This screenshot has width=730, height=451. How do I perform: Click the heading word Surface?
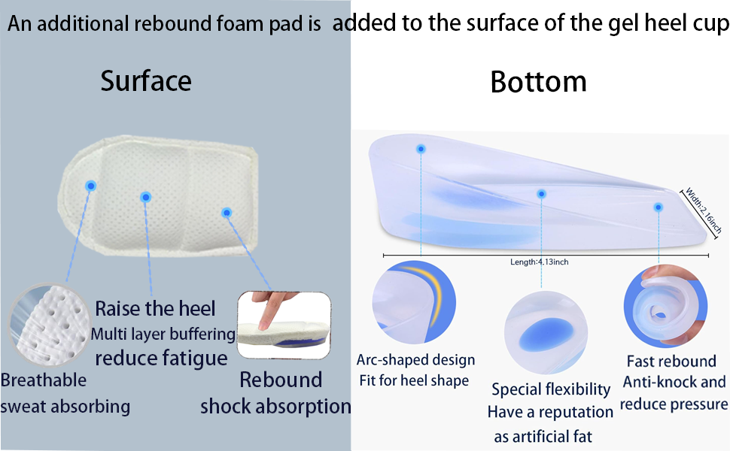pyautogui.click(x=146, y=81)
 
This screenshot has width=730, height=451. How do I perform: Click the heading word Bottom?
pyautogui.click(x=538, y=82)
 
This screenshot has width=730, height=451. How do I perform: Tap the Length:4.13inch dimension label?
pyautogui.click(x=539, y=262)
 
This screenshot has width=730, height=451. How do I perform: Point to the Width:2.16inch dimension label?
pyautogui.click(x=703, y=210)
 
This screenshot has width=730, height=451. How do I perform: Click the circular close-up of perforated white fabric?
pyautogui.click(x=49, y=325)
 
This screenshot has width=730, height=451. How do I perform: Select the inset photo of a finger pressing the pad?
pyautogui.click(x=284, y=325)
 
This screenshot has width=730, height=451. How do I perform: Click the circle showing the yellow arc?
pyautogui.click(x=414, y=303)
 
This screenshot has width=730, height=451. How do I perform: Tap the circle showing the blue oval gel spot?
pyautogui.click(x=546, y=332)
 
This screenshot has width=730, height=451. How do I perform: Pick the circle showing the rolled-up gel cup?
pyautogui.click(x=666, y=307)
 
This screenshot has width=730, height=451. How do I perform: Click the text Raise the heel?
pyautogui.click(x=155, y=309)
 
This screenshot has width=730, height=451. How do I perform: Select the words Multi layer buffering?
pyautogui.click(x=163, y=334)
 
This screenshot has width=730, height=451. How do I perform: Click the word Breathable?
pyautogui.click(x=44, y=380)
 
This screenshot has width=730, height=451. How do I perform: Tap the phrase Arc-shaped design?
pyautogui.click(x=415, y=360)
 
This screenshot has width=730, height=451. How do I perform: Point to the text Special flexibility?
pyautogui.click(x=551, y=389)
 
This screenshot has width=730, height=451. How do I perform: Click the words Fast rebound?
pyautogui.click(x=671, y=362)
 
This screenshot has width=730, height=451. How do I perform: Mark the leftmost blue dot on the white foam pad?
pyautogui.click(x=91, y=186)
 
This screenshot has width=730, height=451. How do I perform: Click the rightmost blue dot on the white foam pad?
pyautogui.click(x=227, y=213)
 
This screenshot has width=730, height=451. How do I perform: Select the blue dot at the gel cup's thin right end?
pyautogui.click(x=659, y=207)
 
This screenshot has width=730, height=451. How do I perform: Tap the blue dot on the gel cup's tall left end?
pyautogui.click(x=421, y=149)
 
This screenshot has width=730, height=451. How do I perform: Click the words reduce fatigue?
pyautogui.click(x=161, y=359)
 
